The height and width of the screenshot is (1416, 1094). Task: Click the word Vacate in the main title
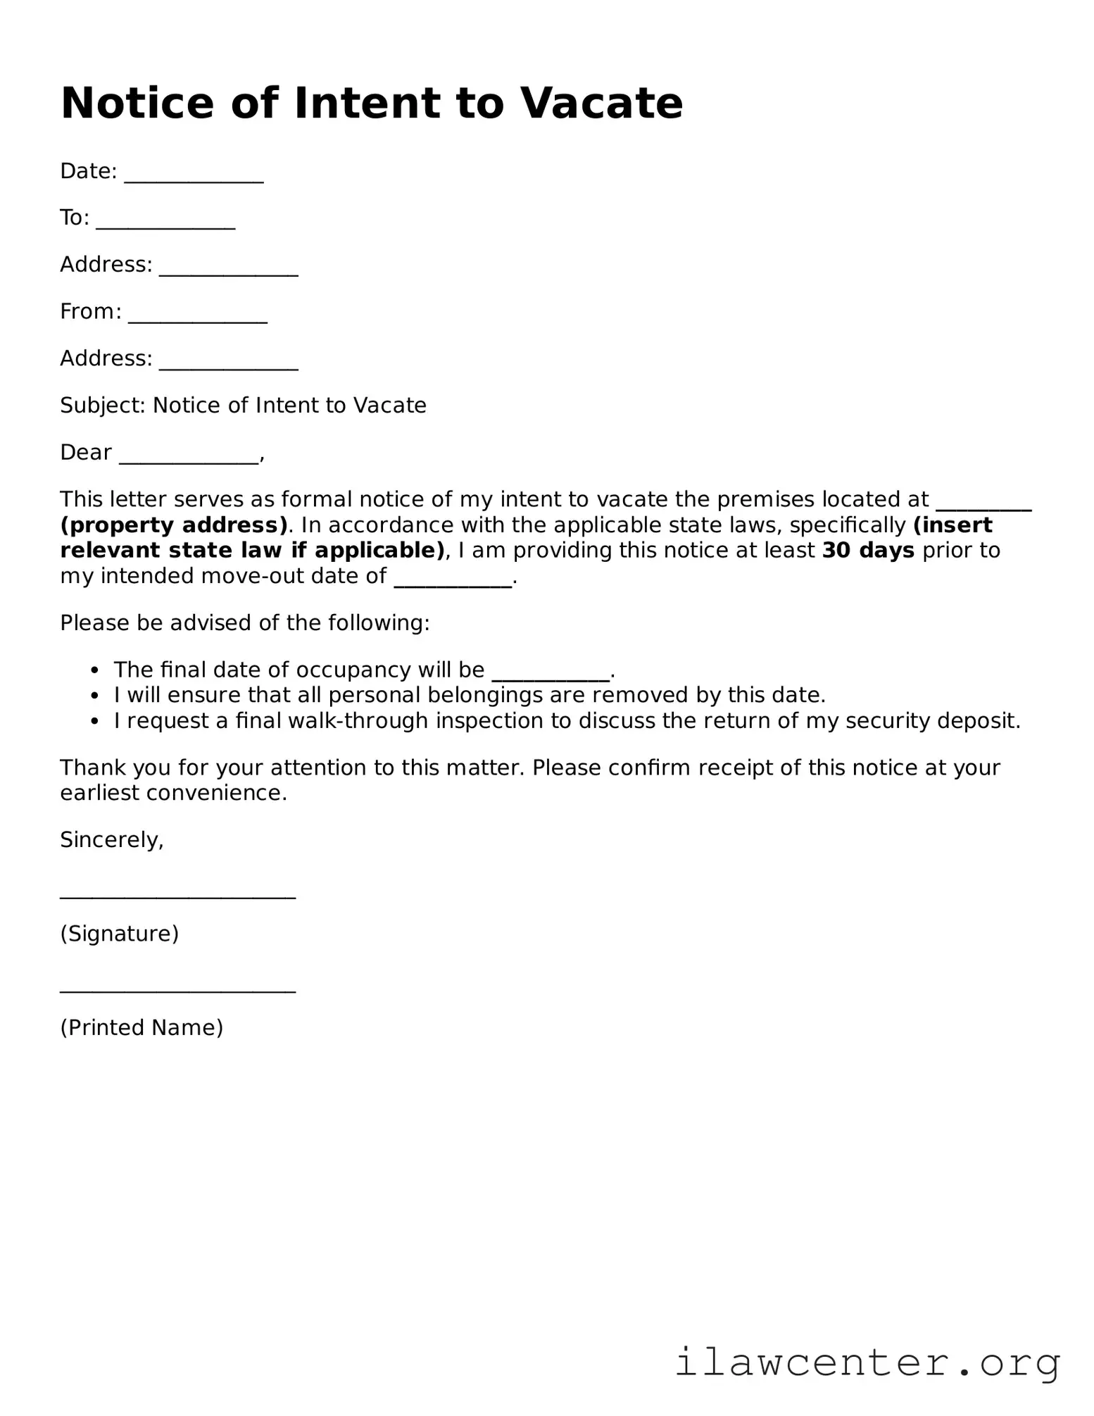click(x=601, y=104)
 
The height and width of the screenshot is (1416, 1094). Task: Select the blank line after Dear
click(x=189, y=458)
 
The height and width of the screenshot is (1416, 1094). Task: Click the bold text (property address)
click(x=174, y=525)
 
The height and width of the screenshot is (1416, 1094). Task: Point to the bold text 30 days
click(x=868, y=551)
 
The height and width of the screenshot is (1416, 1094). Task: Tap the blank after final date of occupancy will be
click(x=550, y=675)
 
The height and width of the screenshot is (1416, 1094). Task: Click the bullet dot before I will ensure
click(x=95, y=696)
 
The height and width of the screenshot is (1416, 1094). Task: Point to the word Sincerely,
click(x=112, y=840)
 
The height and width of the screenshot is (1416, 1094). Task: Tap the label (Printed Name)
click(x=142, y=1027)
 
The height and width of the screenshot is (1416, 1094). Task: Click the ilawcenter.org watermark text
click(x=867, y=1363)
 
